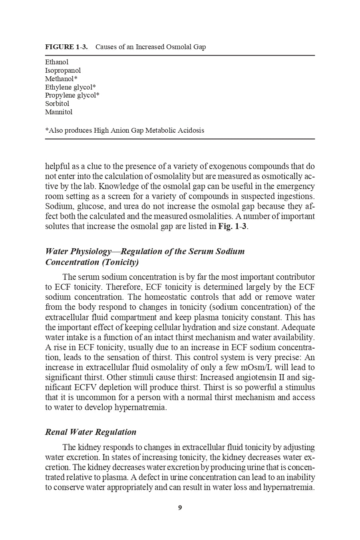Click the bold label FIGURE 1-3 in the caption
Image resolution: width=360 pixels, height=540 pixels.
point(66,47)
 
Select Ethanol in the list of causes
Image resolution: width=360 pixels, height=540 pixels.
point(57,62)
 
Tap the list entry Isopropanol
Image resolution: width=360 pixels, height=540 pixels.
point(63,70)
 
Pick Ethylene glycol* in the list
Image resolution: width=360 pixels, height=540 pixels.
point(70,87)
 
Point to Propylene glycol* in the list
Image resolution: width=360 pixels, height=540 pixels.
point(72,96)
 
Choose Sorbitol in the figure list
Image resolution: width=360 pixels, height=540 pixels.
point(57,104)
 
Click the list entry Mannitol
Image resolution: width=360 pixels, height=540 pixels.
point(59,112)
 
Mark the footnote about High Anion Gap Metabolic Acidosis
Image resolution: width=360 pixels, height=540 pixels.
point(125,130)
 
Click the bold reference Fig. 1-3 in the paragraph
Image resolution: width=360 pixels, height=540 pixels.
point(232,226)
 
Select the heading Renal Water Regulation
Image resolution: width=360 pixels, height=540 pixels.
point(91,432)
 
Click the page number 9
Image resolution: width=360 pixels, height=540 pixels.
point(180,508)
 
